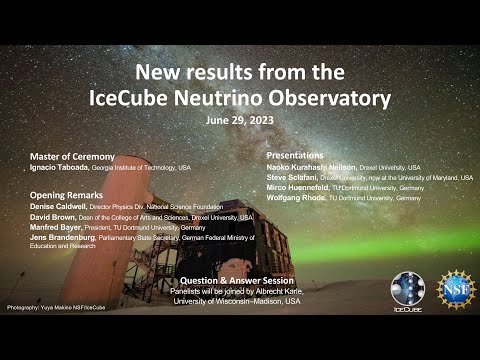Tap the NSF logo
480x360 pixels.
tap(456, 288)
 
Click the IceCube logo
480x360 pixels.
tap(407, 290)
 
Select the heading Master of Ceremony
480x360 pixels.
tap(72, 157)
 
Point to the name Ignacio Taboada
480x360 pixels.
tap(61, 168)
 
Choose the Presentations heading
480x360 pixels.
tap(295, 156)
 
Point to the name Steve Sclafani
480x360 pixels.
tap(292, 177)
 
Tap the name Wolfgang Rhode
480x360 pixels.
tap(295, 198)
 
